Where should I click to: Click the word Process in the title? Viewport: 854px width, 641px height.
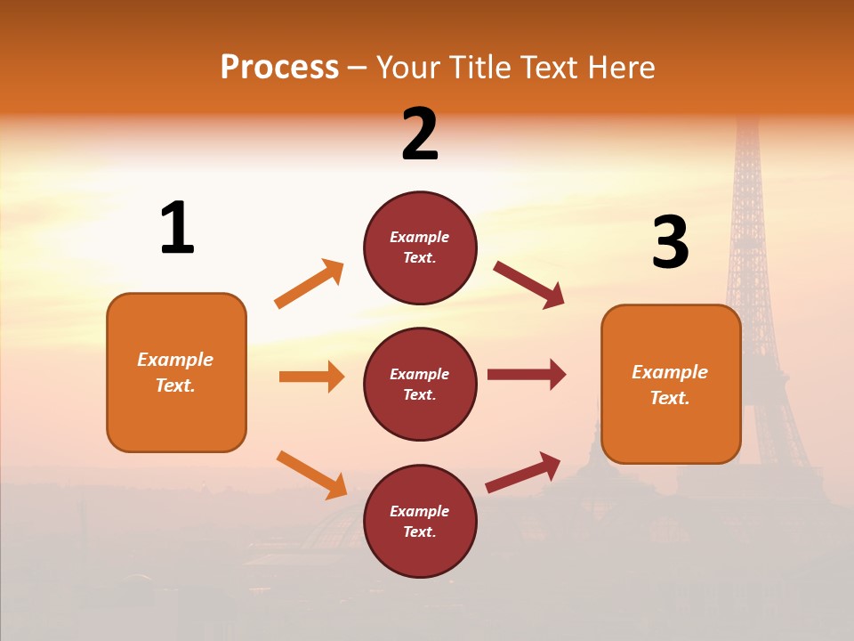pos(279,68)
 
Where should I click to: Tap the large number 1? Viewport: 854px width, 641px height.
pos(177,228)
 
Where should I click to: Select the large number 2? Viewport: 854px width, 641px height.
pos(420,134)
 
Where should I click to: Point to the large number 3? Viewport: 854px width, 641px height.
pos(670,242)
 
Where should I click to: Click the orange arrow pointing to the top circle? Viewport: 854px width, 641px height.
pos(310,284)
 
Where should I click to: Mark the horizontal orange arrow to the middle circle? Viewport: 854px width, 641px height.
pos(311,377)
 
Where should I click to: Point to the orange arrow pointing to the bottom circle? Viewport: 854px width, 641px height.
pos(312,475)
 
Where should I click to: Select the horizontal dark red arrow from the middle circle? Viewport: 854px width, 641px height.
pos(527,375)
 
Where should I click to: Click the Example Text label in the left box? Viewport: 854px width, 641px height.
pos(175,372)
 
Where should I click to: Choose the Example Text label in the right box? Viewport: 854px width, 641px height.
pos(670,385)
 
